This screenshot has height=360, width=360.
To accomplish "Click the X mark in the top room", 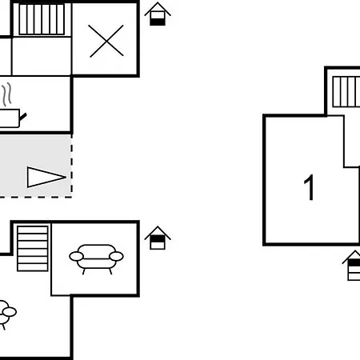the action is click(x=106, y=41).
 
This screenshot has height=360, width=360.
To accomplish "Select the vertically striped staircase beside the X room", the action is click(x=42, y=19).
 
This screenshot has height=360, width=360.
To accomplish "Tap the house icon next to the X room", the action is click(x=158, y=14).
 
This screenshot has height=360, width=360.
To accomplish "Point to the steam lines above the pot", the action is click(x=7, y=94).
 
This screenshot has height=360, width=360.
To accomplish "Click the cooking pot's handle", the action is click(x=23, y=117).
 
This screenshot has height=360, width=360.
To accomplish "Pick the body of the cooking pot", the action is click(x=10, y=118).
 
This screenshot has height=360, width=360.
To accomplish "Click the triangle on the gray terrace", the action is click(x=46, y=177).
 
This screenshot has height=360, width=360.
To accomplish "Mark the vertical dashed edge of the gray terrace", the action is click(x=71, y=166).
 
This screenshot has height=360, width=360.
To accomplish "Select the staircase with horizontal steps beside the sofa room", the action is click(x=33, y=249).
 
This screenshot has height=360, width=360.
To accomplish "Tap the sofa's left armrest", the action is click(x=76, y=257).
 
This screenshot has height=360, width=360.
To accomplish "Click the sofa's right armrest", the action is click(x=116, y=256).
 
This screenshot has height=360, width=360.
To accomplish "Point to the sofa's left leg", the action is click(x=83, y=271).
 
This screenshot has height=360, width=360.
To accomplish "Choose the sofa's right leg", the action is click(x=110, y=271).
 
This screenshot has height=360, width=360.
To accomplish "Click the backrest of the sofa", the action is click(x=96, y=249).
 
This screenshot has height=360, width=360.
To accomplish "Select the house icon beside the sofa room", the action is click(x=158, y=238).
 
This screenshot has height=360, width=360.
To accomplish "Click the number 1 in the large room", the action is click(x=310, y=187).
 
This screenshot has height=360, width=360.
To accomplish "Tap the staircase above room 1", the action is click(x=346, y=92).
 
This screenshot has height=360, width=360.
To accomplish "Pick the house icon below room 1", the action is click(x=351, y=266).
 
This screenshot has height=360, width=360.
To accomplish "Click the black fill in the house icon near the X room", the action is click(x=158, y=22).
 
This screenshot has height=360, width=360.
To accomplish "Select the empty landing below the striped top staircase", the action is click(x=42, y=56).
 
